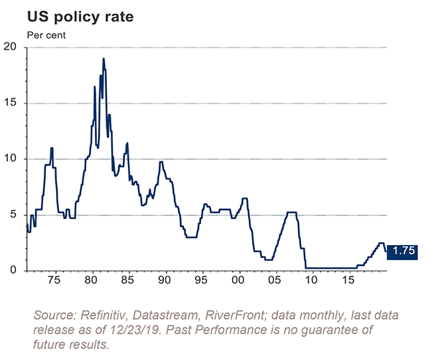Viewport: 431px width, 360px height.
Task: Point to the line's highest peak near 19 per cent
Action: (103, 59)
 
